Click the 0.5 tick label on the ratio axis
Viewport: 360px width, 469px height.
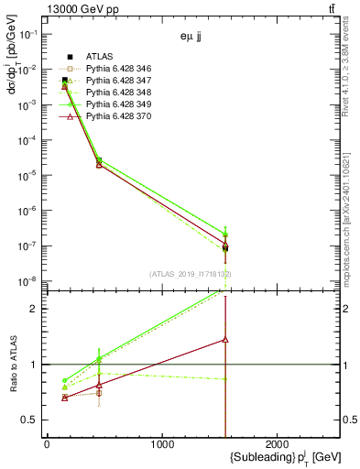click(x=29, y=420)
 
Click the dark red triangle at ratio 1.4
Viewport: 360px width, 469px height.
click(x=225, y=339)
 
